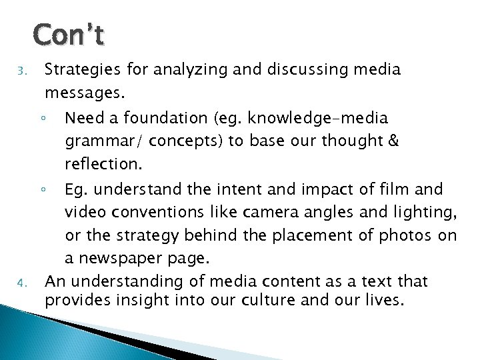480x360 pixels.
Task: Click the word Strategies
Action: click(77, 70)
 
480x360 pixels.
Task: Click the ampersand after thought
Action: click(393, 142)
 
